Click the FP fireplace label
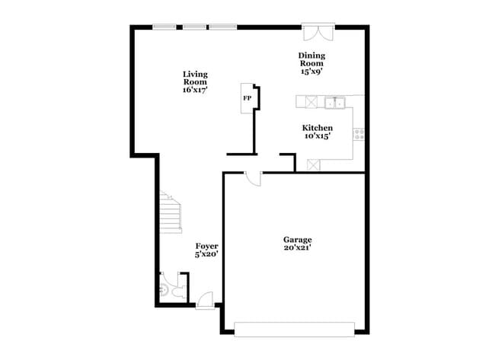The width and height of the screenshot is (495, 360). click(x=247, y=98)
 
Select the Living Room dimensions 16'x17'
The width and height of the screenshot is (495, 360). click(x=195, y=90)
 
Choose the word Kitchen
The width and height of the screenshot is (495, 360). click(x=317, y=128)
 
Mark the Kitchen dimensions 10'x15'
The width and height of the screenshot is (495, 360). click(x=317, y=137)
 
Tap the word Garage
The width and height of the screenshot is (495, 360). click(x=297, y=240)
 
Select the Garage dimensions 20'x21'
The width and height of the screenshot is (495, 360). click(x=297, y=249)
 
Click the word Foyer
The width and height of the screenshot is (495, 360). click(x=207, y=246)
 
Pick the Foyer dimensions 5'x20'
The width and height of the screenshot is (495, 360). click(x=207, y=255)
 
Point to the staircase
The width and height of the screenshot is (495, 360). click(x=171, y=213)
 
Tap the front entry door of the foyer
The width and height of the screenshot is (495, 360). click(x=205, y=301)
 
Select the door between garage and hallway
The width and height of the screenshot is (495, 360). click(x=252, y=179)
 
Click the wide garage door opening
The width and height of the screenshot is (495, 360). click(x=294, y=329)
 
